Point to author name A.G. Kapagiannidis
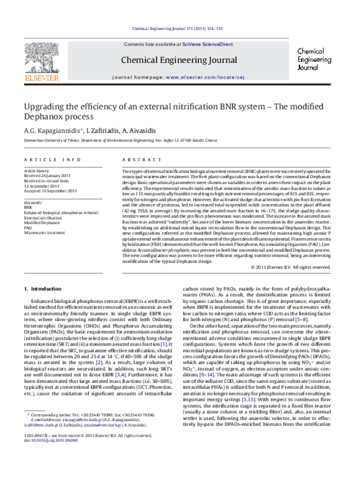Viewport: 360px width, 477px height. [x=49, y=130]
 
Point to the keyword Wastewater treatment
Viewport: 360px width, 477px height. [x=44, y=232]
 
